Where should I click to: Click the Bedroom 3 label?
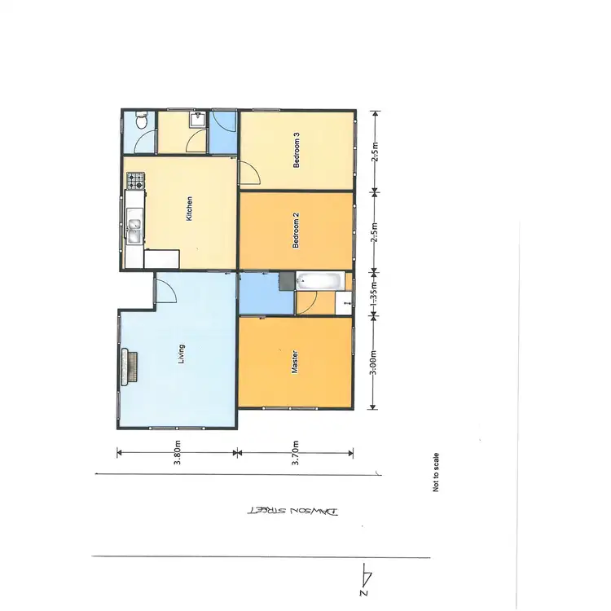[297, 150]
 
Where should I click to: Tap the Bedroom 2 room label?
[297, 230]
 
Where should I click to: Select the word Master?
[294, 362]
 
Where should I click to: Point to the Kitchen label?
[190, 209]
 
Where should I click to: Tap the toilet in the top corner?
[142, 122]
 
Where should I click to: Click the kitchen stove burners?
[135, 180]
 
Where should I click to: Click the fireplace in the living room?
[128, 367]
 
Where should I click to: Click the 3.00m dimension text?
[373, 362]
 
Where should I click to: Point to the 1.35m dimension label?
[373, 295]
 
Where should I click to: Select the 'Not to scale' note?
[437, 473]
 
